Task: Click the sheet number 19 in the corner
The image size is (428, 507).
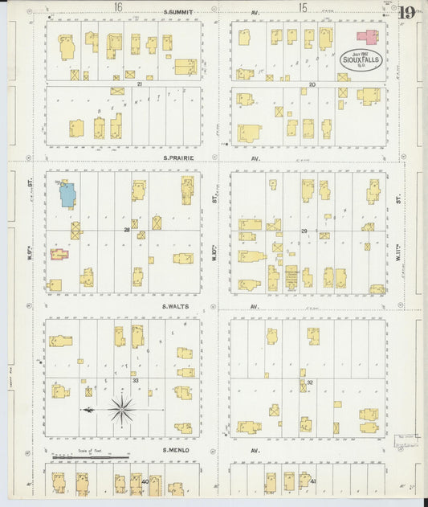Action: click(x=406, y=12)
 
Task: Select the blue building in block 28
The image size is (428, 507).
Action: click(x=67, y=194)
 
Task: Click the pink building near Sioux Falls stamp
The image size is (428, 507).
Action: click(x=368, y=37)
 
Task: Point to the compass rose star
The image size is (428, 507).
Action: click(x=121, y=410)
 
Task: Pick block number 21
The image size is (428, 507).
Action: click(x=139, y=84)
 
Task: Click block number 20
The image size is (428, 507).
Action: click(x=312, y=84)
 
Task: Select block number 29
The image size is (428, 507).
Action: click(x=304, y=231)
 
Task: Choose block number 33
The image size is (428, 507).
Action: click(x=136, y=380)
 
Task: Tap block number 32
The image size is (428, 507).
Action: click(x=309, y=383)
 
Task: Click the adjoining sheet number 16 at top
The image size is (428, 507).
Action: click(x=118, y=7)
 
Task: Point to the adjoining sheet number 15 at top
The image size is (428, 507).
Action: click(x=302, y=7)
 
